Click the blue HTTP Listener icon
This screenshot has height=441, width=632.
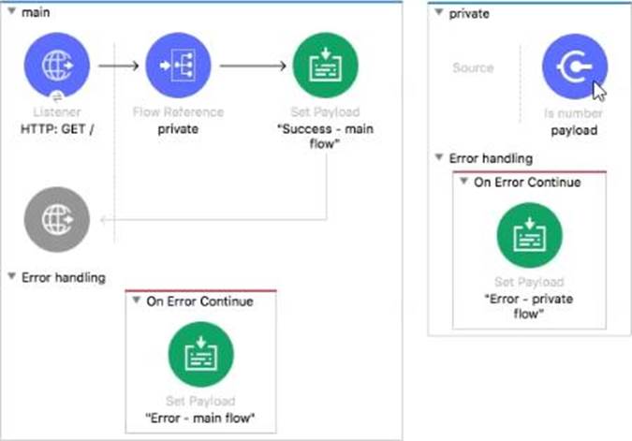click(x=57, y=66)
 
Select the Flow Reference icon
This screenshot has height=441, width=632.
click(x=178, y=66)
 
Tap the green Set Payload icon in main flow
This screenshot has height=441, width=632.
click(x=325, y=66)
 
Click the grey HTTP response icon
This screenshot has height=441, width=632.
click(x=57, y=220)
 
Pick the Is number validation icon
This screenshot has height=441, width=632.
click(x=574, y=66)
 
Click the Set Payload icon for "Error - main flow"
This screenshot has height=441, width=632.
click(x=200, y=354)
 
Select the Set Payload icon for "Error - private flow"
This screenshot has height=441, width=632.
click(x=529, y=235)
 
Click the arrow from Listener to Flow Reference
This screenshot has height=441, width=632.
click(x=119, y=66)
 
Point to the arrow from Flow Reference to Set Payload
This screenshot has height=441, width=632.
click(x=253, y=66)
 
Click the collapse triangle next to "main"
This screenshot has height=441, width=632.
click(x=11, y=11)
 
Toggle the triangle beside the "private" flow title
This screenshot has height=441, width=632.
click(x=439, y=12)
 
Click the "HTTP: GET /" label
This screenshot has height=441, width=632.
click(x=57, y=129)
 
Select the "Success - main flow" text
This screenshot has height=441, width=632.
click(x=325, y=137)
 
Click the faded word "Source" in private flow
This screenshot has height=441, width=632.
click(x=473, y=67)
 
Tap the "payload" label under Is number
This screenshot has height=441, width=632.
click(x=574, y=130)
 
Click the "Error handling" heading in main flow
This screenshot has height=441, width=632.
click(x=64, y=277)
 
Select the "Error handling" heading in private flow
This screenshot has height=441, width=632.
click(x=491, y=158)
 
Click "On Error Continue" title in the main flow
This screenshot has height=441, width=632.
click(x=200, y=301)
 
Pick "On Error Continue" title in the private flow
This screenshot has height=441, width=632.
click(x=527, y=183)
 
